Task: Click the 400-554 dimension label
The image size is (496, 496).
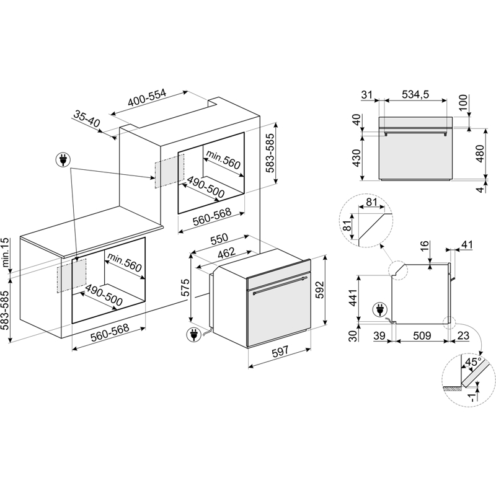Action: tap(147, 97)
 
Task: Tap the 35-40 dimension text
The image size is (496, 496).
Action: tap(87, 118)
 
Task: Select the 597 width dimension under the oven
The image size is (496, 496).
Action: tap(280, 351)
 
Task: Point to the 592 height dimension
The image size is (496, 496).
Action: tap(320, 290)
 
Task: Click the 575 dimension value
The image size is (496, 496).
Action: tap(185, 287)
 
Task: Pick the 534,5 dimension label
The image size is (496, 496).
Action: tap(415, 94)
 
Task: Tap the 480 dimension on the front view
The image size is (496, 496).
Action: tap(480, 154)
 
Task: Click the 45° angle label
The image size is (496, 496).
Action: tap(473, 361)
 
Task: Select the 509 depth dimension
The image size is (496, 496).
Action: tap(422, 335)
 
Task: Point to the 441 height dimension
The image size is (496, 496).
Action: tap(353, 298)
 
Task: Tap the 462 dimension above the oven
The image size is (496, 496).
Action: tap(227, 253)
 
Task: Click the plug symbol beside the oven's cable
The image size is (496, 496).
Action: tap(193, 335)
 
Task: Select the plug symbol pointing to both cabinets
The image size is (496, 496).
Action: tap(63, 160)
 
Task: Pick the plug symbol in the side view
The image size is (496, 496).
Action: tap(380, 309)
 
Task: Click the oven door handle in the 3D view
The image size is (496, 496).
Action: tap(280, 286)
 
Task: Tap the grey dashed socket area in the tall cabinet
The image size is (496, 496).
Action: tap(169, 171)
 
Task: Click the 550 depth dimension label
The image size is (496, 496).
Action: tap(219, 239)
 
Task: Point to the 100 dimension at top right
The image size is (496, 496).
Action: tap(463, 102)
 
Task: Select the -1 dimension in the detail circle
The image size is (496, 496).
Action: tap(472, 397)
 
